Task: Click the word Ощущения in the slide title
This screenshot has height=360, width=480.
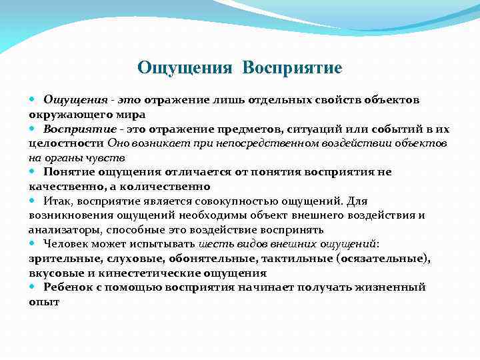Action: tap(185, 67)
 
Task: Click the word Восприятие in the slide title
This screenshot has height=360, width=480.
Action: tap(293, 67)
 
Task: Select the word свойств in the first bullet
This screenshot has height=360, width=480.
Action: tap(319, 100)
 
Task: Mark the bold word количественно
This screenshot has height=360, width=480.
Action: tap(169, 187)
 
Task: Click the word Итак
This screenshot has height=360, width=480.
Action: tap(58, 201)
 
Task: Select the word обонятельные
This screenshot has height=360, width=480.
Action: tap(213, 259)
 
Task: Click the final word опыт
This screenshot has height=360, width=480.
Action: tap(44, 301)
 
